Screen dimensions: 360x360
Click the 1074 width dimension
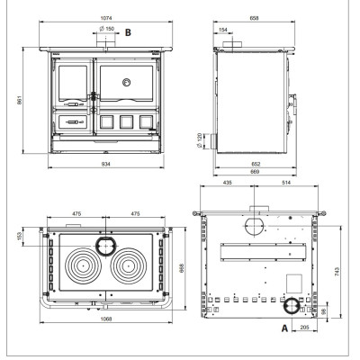pos(106,18)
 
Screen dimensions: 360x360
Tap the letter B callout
pos(128,32)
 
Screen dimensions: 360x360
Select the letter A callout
pos(284,328)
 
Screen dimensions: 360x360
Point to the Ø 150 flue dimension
pos(107,29)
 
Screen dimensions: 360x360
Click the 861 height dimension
pos(20,100)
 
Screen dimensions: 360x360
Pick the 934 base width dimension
pos(106,164)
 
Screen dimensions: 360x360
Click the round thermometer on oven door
pos(127,82)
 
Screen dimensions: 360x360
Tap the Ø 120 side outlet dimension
pos(199,141)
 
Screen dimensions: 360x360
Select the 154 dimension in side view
pos(223,30)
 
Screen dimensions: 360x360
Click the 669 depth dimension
pos(255,172)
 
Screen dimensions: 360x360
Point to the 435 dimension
pos(228,183)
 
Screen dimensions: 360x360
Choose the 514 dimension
pos(286,183)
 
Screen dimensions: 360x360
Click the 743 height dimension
pos(337,272)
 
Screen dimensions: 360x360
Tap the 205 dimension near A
pos(304,328)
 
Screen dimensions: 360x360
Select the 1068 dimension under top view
pos(106,319)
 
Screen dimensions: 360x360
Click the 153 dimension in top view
pos(20,236)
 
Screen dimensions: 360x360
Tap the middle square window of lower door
pos(126,122)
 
